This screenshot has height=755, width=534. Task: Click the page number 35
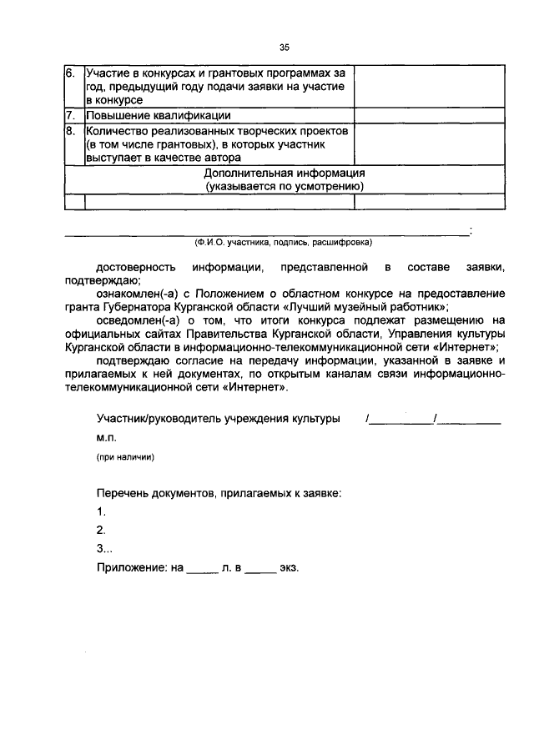284,48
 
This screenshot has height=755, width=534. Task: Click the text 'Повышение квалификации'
157,116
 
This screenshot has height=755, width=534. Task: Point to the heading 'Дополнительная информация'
285,173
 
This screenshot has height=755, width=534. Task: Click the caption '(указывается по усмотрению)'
285,186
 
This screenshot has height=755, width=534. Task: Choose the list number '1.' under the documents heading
101,511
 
